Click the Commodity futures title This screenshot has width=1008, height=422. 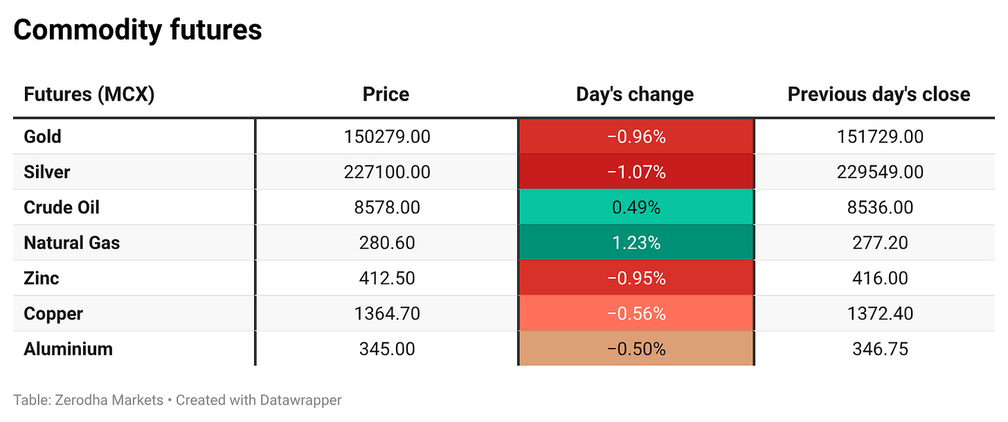coord(138,30)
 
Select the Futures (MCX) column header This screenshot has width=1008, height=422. coord(89,94)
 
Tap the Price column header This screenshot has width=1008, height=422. coord(386,94)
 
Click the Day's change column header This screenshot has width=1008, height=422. coord(635,94)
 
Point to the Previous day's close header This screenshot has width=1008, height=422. coord(879,94)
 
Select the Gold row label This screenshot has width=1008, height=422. coord(42,137)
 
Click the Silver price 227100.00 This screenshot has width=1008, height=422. coord(387,172)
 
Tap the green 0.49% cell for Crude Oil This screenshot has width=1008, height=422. coord(636,207)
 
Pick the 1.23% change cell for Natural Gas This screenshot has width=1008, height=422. coord(636,243)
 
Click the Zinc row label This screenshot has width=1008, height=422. coord(41,279)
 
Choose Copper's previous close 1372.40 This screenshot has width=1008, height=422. coord(880,313)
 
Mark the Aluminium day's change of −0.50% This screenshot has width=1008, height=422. coord(636,349)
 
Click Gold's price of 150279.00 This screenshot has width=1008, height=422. coord(387,137)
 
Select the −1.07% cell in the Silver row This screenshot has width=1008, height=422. coord(636,172)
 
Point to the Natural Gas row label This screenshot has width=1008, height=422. coord(71,243)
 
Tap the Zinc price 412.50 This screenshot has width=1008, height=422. coord(387,279)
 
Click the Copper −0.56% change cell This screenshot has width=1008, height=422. coord(636,313)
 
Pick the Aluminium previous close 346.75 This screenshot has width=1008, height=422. coord(880,349)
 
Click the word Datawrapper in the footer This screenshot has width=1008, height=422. coord(300,401)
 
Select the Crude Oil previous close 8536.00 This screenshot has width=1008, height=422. coord(880,208)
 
